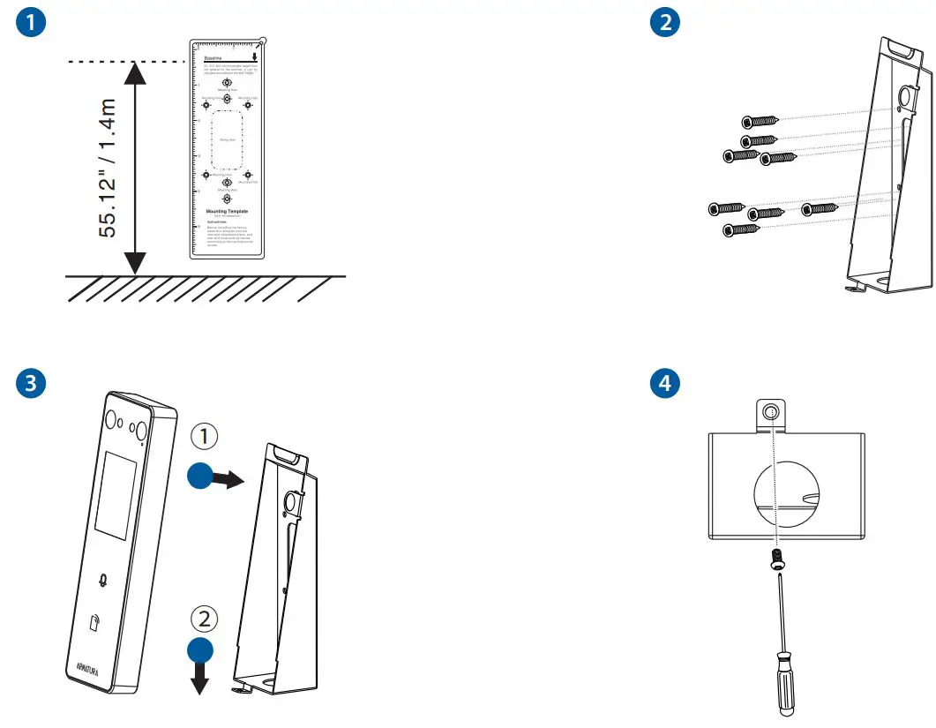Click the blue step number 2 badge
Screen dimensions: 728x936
[x=665, y=24]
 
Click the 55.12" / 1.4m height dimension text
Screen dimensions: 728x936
[x=107, y=168]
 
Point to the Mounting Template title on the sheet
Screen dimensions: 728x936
[x=227, y=212]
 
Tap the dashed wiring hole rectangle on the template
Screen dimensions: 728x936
[x=227, y=139]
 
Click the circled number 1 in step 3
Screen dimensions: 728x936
[x=203, y=435]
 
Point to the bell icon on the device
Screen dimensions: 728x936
[x=106, y=581]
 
